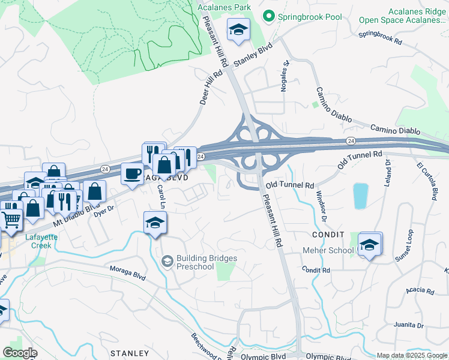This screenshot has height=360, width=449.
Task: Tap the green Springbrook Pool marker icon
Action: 268,17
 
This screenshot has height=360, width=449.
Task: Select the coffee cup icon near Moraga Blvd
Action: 132,175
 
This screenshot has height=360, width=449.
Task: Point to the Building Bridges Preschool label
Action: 206,262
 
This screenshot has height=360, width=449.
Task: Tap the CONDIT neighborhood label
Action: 328,235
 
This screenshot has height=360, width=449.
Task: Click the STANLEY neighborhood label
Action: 129,353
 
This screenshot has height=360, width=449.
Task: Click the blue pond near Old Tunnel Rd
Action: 360,196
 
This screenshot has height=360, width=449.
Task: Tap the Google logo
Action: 20,353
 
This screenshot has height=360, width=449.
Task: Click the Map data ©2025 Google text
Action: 411,355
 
